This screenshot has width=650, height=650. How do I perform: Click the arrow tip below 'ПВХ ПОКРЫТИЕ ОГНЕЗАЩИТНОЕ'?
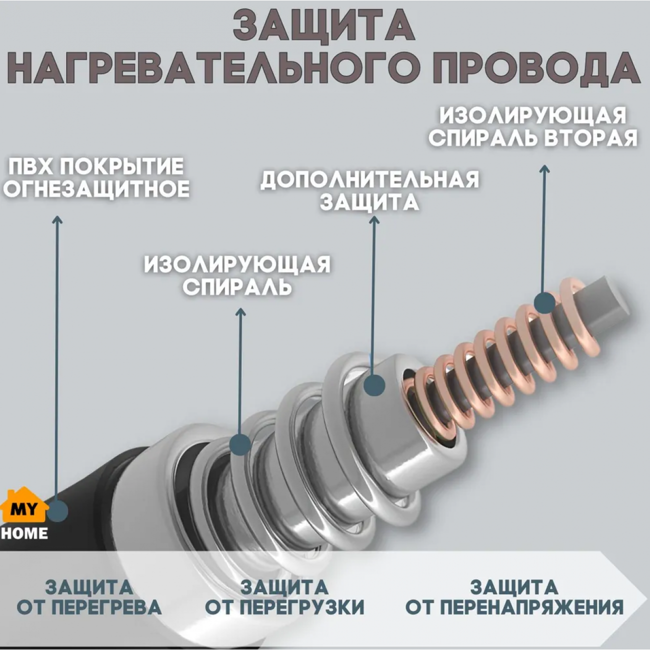(x=57, y=216)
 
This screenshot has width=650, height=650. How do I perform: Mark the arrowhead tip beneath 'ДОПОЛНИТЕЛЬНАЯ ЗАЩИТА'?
(x=374, y=216)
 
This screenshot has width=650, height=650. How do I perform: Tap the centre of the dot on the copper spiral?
(x=544, y=302)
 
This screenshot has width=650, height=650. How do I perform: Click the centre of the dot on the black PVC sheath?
(x=57, y=511)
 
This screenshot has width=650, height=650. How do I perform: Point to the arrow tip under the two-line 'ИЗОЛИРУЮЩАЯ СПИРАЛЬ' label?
(x=240, y=308)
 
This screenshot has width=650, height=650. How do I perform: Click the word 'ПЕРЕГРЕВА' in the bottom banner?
(x=107, y=607)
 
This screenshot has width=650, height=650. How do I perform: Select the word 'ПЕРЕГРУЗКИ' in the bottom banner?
(x=303, y=607)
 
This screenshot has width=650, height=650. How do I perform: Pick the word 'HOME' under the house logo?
(x=24, y=533)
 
